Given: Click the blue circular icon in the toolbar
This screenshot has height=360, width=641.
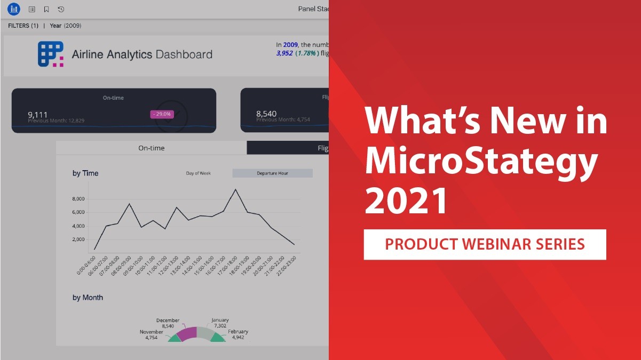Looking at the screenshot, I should point(13,9).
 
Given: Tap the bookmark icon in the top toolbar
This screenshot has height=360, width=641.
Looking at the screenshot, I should point(46,9).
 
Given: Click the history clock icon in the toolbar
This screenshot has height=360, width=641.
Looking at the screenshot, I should point(61,9).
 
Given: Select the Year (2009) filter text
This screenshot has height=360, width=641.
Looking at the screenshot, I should point(65,26).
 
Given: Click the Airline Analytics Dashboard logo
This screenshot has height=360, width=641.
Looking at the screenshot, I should point(51,54).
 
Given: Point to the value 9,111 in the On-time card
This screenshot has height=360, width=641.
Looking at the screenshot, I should point(38,114).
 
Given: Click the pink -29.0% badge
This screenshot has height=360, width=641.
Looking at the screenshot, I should point(161,114).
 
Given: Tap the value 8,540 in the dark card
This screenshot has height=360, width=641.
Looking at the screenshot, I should point(266,114).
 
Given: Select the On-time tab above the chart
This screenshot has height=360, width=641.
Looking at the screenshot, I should point(151,148).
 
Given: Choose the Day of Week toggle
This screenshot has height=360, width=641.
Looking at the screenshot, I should point(198,173).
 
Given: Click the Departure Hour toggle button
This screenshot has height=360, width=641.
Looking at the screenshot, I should point(272,173).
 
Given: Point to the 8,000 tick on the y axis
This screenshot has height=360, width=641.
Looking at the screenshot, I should point(77,199).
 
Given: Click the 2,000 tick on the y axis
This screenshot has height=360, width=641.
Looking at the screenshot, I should point(77,239).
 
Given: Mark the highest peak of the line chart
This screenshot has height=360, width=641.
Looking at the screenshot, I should point(235,189).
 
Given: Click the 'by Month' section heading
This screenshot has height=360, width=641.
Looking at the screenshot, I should point(88,298).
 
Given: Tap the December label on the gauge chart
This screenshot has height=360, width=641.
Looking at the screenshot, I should point(168,321).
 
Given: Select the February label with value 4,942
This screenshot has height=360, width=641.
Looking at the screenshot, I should point(238,332).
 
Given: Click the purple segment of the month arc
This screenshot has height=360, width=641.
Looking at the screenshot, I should point(186,334).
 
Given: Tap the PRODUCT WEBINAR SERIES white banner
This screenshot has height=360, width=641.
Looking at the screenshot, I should point(485,244).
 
